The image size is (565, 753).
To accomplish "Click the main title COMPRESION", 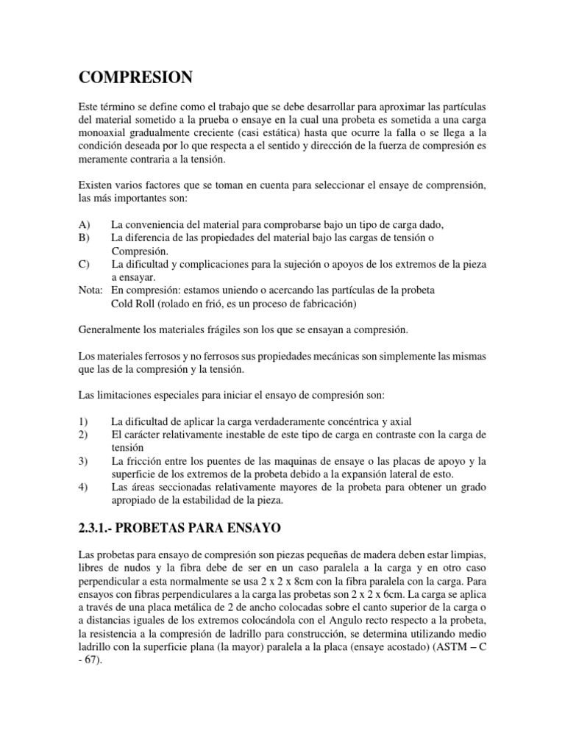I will (135, 77).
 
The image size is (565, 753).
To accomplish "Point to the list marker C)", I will (83, 263).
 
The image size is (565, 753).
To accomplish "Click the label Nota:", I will (90, 290).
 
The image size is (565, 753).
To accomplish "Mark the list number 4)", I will (82, 487).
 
